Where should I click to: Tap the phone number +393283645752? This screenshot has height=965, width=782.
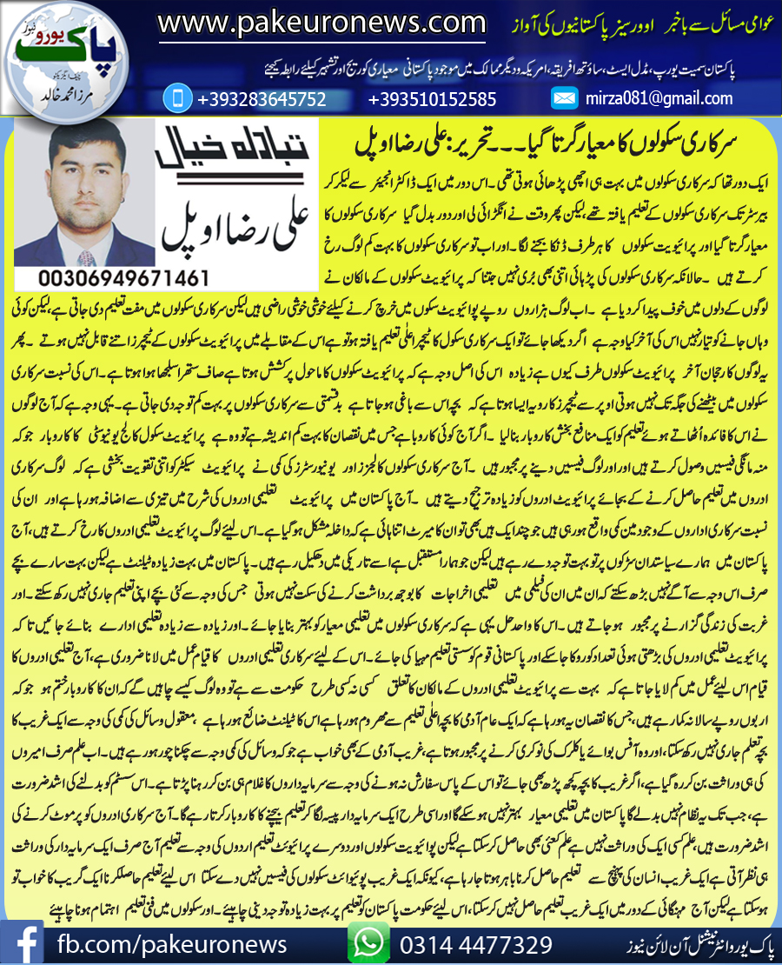click(x=262, y=99)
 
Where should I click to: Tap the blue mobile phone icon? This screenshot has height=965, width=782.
click(x=176, y=98)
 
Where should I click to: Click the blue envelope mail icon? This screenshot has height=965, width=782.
click(x=565, y=99)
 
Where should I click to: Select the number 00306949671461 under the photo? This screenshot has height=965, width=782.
click(x=123, y=278)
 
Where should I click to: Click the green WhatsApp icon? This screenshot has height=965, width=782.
click(x=368, y=942)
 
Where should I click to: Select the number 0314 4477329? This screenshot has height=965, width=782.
click(x=475, y=943)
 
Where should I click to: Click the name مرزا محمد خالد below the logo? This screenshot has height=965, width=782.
click(x=62, y=96)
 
